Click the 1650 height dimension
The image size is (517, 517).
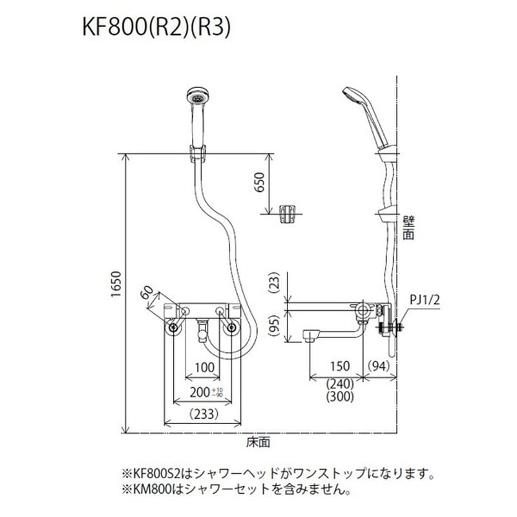pyautogui.click(x=116, y=292)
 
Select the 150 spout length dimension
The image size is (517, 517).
pyautogui.click(x=339, y=366)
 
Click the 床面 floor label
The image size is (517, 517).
pyautogui.click(x=257, y=443)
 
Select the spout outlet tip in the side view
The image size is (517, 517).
pyautogui.click(x=310, y=335)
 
